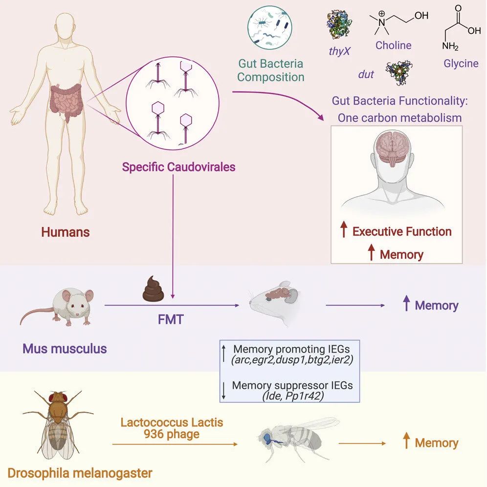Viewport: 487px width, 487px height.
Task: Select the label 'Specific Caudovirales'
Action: coord(178,167)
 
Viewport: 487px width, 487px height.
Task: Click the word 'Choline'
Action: coord(393,45)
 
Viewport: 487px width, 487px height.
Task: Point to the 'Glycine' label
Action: coord(461,64)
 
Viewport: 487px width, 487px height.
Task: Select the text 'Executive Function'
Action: coord(402,231)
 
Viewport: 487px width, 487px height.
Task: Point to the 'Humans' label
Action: coord(65,232)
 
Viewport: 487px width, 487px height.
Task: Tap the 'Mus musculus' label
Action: coord(65,349)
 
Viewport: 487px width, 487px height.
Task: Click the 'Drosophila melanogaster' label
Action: coord(80,473)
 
